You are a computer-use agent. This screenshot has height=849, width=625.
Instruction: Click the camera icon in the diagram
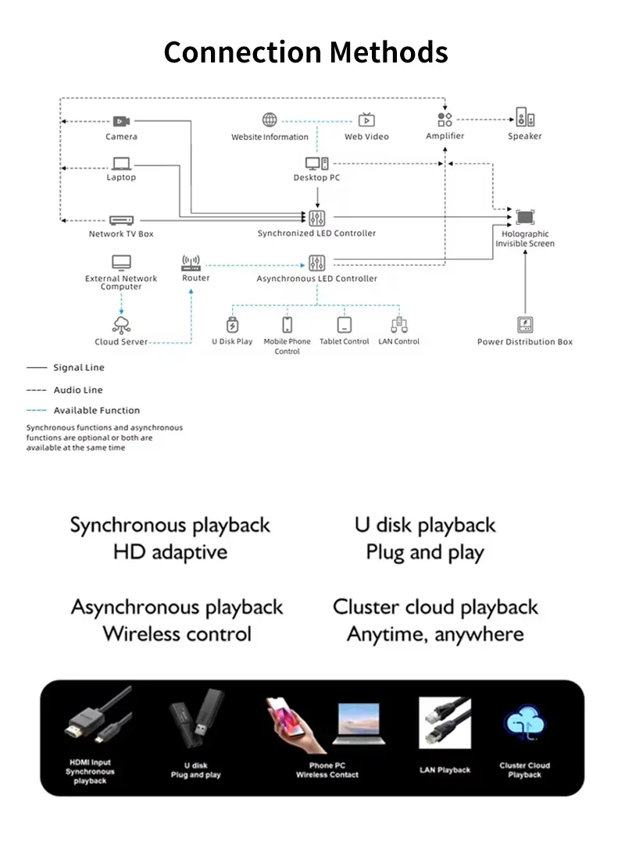[121, 121]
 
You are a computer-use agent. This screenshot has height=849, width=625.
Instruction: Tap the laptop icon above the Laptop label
[121, 163]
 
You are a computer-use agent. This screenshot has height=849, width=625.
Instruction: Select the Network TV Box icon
[121, 220]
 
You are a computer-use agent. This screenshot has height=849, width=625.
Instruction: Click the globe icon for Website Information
[270, 120]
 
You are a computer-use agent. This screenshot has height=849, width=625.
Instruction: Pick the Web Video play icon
[366, 120]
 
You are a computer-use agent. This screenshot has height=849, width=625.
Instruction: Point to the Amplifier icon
[445, 120]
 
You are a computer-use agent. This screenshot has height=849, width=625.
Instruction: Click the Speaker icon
[525, 120]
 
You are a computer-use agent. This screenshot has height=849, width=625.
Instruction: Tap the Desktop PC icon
[316, 163]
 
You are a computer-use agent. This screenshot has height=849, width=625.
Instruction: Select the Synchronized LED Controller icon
[316, 218]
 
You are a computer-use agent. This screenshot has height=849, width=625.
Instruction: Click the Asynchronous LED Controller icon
[316, 263]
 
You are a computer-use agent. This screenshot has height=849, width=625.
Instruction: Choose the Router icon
[191, 263]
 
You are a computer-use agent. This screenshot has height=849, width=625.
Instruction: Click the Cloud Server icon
[121, 325]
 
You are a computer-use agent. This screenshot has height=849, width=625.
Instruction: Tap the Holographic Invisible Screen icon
[525, 218]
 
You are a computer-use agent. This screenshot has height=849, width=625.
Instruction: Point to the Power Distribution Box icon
[525, 325]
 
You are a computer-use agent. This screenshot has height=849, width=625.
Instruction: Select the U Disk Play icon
[232, 325]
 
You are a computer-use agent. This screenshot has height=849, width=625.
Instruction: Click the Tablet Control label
[345, 342]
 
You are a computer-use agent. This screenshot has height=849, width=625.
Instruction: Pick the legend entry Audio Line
[77, 390]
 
